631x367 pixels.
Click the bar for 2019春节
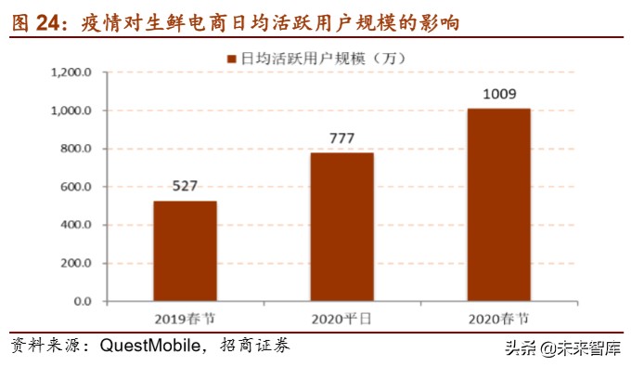click(x=185, y=251)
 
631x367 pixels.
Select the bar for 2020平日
click(x=341, y=227)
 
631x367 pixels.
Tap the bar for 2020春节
click(x=498, y=204)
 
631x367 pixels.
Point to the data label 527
click(x=185, y=185)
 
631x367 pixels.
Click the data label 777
click(x=342, y=138)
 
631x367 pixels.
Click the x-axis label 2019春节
click(x=185, y=319)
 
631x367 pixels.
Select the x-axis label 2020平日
click(x=341, y=319)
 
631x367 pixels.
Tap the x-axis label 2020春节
click(x=498, y=319)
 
